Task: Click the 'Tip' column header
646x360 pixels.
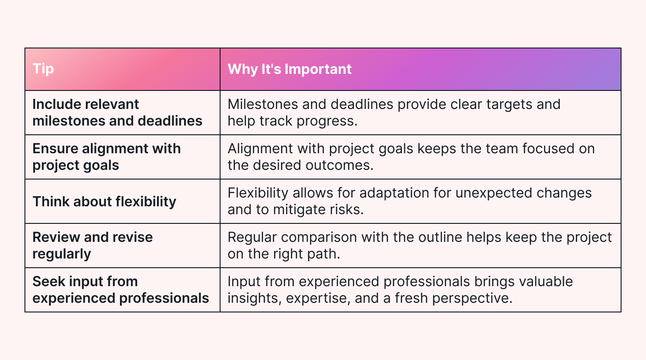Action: pos(43,69)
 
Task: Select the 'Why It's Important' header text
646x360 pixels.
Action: pos(290,69)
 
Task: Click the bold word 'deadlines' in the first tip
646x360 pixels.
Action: pos(170,121)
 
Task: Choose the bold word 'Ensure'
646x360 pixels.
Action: pos(55,149)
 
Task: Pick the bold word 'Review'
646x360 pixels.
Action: pos(56,237)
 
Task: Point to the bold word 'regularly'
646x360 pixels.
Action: pos(62,254)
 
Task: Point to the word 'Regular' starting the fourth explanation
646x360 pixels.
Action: pos(252,238)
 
